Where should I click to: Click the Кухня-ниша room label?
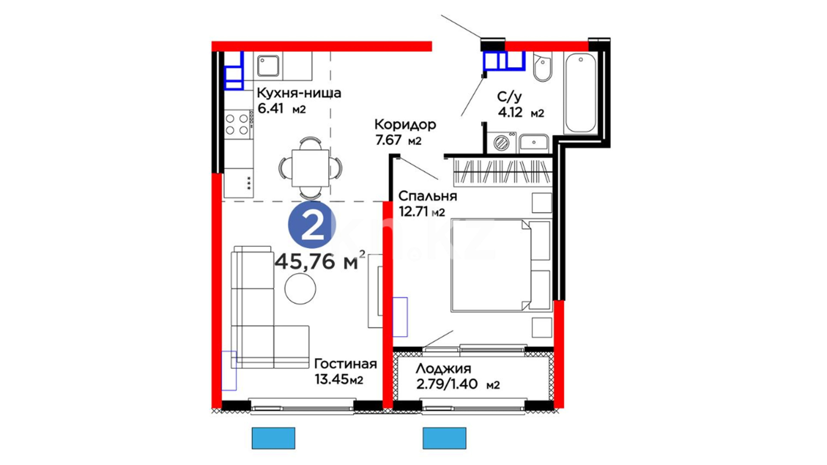coord(299,93)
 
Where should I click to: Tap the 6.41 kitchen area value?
coord(270,108)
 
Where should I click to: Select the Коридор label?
coord(405,125)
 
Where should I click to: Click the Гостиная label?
coord(345,364)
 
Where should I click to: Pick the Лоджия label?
coord(444,369)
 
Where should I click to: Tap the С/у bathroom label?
coord(509,97)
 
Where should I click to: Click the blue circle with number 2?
coord(312,225)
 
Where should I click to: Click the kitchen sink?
coord(268,66)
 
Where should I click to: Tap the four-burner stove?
coord(237,124)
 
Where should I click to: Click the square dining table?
coord(310,168)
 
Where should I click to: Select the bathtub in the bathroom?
coord(580,93)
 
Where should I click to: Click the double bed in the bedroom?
coord(501,265)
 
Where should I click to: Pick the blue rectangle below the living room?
coord(274,438)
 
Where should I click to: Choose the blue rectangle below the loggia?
coord(445,438)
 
